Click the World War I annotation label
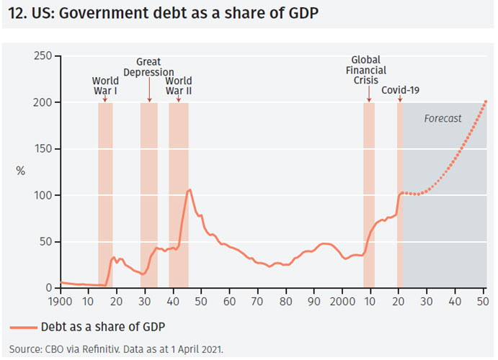[x=105, y=86]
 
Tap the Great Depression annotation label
[x=148, y=67]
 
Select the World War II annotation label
[x=179, y=86]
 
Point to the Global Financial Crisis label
[x=368, y=71]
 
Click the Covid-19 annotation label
[x=400, y=90]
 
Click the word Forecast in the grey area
[x=443, y=119]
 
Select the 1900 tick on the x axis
[x=61, y=301]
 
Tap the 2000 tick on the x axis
[x=342, y=301]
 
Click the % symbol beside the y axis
[x=20, y=171]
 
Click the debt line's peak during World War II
[x=190, y=190]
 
